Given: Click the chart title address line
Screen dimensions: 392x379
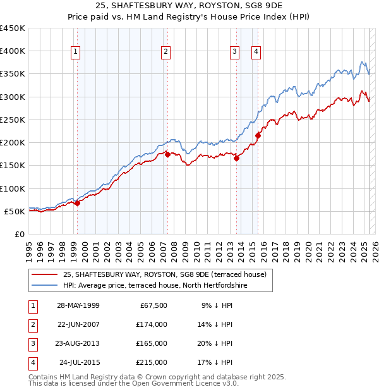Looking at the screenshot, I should point(189,7).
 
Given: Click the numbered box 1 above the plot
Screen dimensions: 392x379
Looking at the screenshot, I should point(75,52).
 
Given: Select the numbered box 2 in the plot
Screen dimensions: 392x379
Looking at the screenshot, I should point(165,52).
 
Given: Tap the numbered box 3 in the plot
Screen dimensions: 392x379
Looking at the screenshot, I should point(234,52).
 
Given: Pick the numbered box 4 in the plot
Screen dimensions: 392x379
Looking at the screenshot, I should point(256,52).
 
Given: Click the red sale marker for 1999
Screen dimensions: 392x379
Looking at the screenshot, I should point(78,204).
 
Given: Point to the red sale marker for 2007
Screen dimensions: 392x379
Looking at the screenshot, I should point(168,154).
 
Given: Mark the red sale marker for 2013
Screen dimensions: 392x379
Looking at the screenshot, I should point(237,159).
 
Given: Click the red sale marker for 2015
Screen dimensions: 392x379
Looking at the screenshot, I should point(258,135).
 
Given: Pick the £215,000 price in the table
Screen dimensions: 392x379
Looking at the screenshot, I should point(152,362).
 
